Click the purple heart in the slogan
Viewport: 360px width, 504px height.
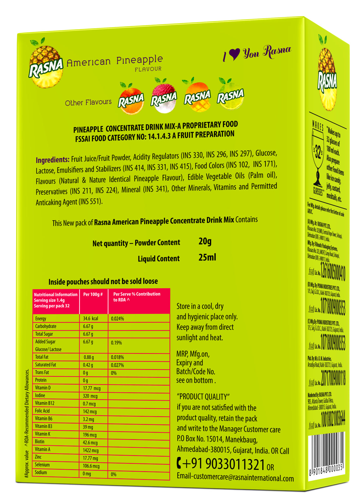234,54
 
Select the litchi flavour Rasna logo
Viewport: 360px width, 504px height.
164,98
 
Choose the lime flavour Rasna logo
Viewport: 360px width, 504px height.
230,95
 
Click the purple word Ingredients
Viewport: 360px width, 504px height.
52,160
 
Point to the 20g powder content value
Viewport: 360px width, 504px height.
205,242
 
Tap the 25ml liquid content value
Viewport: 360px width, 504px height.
207,257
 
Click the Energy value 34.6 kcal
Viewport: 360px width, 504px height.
90,318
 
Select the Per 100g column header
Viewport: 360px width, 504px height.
93,295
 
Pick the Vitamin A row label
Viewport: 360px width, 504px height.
43,449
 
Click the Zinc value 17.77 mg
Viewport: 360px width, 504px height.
90,458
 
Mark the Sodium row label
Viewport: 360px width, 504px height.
41,472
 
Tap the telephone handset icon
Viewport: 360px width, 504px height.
179,463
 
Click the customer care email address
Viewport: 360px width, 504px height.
235,477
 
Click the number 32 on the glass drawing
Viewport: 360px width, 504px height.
318,153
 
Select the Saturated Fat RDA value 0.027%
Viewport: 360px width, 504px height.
117,365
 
